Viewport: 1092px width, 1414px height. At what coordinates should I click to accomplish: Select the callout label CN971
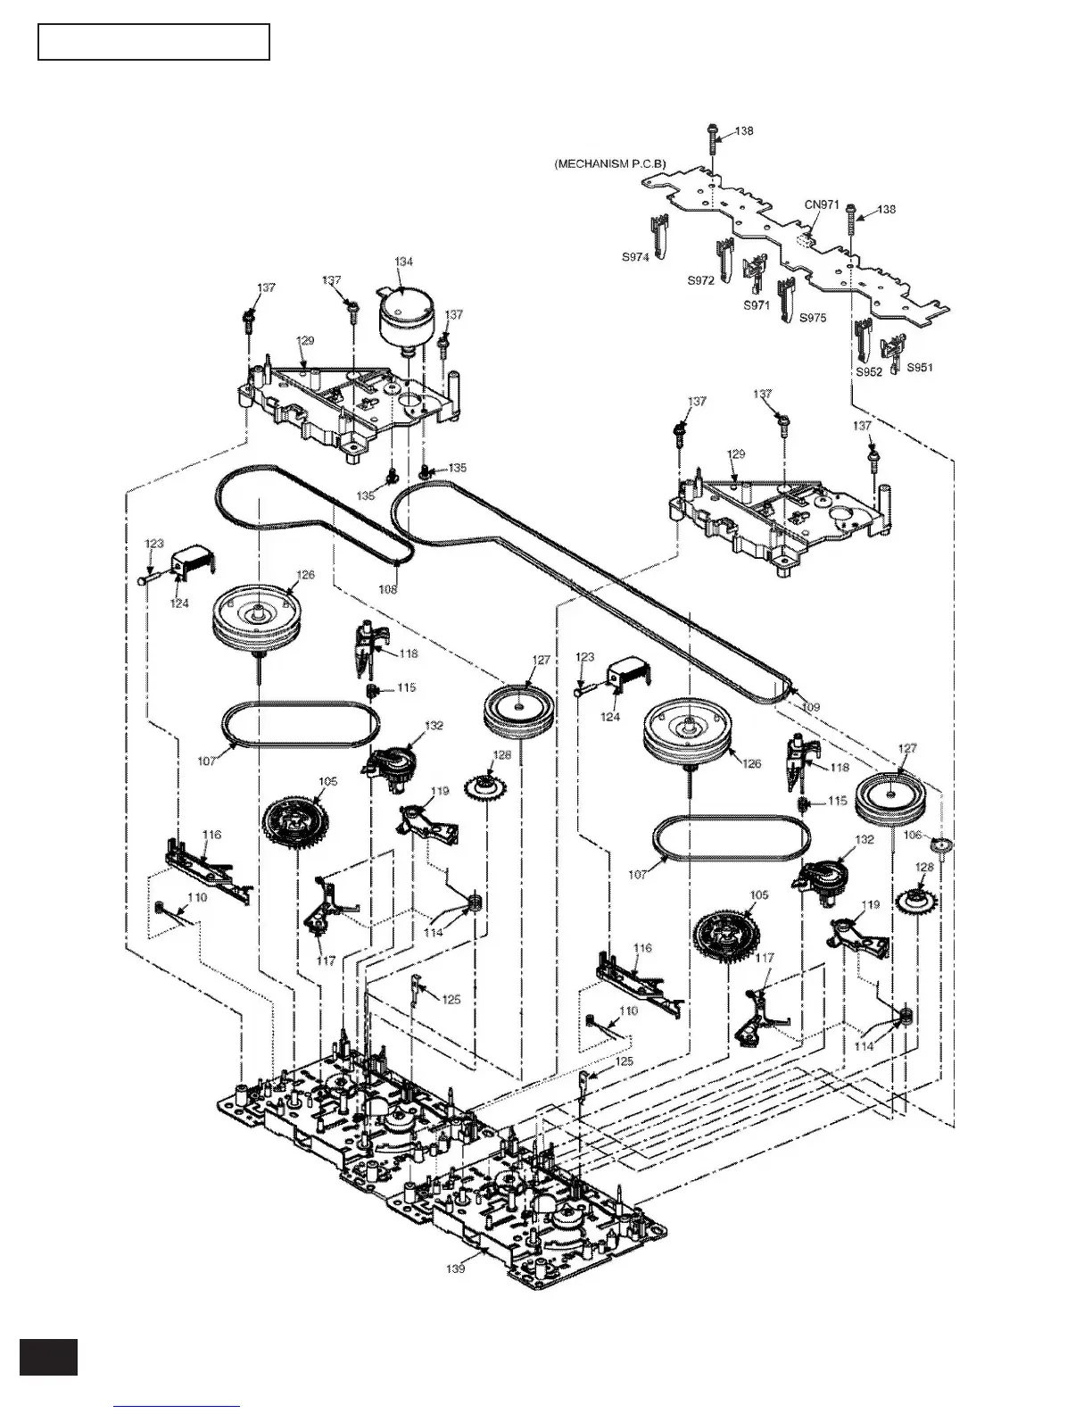coord(822,204)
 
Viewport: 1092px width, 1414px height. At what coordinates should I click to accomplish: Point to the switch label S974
coord(635,256)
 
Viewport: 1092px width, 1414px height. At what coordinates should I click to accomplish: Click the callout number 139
coord(456,1268)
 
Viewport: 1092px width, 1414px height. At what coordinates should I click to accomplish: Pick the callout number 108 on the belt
coord(388,589)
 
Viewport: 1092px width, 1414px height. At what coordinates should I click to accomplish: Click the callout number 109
coord(810,707)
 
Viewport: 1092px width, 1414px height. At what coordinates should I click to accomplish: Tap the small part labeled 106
coord(940,845)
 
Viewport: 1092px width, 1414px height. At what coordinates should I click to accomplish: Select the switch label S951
coord(920,367)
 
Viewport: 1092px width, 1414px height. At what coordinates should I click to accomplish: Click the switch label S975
coord(813,317)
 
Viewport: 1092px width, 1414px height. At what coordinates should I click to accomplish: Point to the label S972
coord(700,279)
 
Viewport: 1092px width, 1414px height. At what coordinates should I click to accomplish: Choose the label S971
coord(757,304)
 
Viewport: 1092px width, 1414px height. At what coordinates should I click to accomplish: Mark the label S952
coord(869,371)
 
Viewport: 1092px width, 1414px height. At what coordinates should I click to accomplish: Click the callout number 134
coord(404,261)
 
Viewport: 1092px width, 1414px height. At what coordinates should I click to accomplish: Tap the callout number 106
coord(912,835)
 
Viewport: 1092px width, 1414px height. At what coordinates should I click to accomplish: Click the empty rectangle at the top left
coord(153,42)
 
